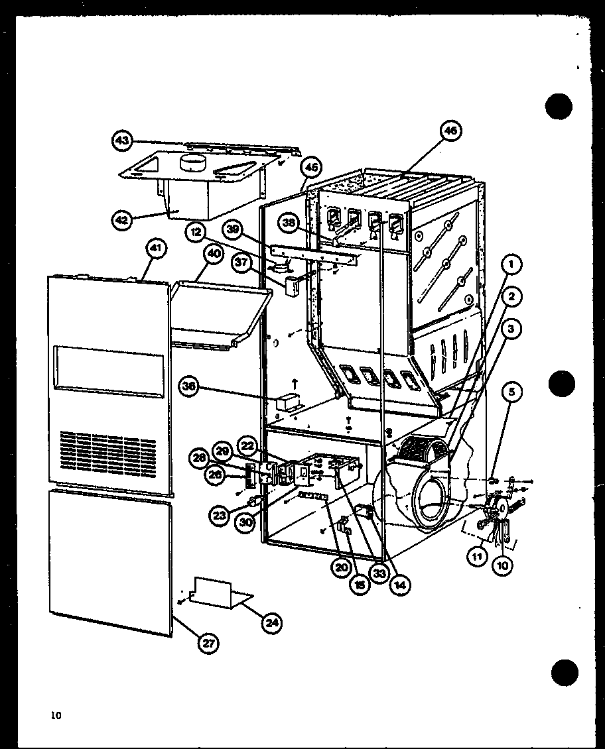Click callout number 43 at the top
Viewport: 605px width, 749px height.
click(x=121, y=140)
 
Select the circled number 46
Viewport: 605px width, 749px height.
click(x=450, y=131)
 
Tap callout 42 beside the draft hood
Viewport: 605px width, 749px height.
click(x=121, y=219)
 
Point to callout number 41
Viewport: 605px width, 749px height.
click(x=155, y=249)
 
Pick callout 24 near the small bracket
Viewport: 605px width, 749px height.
click(x=272, y=622)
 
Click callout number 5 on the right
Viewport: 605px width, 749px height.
click(x=511, y=392)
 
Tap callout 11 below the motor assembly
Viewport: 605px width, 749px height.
click(x=476, y=557)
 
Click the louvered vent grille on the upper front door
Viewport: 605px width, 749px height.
click(x=107, y=453)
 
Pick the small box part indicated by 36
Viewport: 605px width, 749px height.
click(x=288, y=402)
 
